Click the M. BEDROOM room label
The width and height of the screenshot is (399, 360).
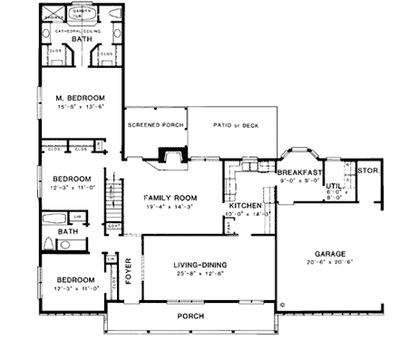(x=80, y=97)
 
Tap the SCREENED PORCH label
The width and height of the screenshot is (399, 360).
(x=156, y=125)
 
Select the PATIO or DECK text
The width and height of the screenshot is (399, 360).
(x=230, y=125)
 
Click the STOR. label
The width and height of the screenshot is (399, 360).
(x=367, y=170)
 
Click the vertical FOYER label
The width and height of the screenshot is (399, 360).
(x=128, y=270)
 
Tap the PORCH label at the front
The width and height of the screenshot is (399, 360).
(x=190, y=316)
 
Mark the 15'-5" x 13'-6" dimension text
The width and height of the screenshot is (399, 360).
(x=80, y=106)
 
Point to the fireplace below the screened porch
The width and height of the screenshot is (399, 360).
(x=170, y=158)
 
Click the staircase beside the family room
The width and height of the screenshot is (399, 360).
(x=113, y=199)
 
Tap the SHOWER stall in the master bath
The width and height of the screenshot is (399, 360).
(x=52, y=16)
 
